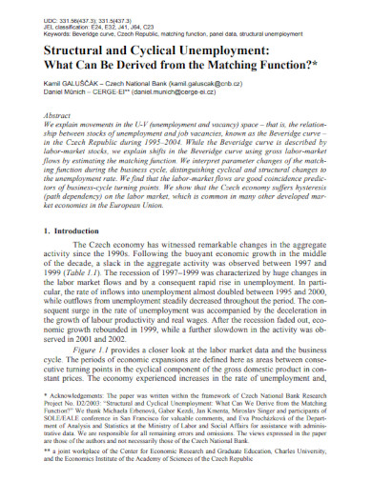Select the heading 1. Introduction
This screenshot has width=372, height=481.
pyautogui.click(x=62, y=231)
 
